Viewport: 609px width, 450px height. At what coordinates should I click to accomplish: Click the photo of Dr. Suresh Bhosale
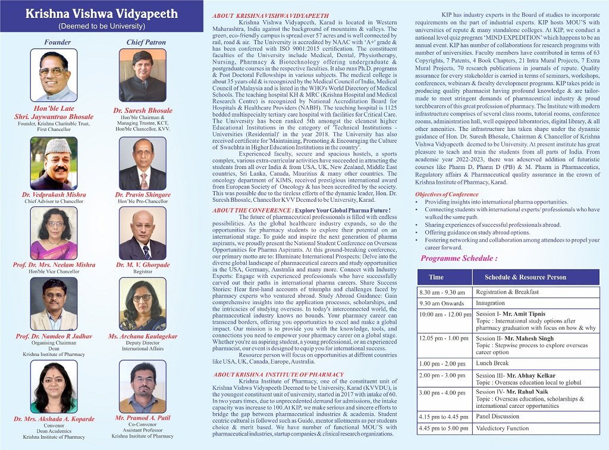pyautogui.click(x=142, y=75)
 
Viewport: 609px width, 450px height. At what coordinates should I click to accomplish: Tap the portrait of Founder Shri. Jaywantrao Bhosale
pyautogui.click(x=57, y=75)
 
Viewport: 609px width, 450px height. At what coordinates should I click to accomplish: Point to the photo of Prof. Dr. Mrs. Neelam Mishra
pyautogui.click(x=54, y=233)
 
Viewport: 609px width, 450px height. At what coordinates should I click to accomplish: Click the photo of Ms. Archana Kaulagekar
pyautogui.click(x=142, y=304)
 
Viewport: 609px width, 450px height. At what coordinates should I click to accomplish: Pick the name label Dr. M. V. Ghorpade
pyautogui.click(x=143, y=265)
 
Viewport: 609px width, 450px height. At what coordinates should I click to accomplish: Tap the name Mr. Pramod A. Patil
pyautogui.click(x=143, y=418)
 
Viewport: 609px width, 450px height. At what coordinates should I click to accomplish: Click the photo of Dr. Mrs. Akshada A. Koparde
pyautogui.click(x=54, y=387)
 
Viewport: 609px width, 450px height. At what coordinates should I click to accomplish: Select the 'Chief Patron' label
pyautogui.click(x=143, y=42)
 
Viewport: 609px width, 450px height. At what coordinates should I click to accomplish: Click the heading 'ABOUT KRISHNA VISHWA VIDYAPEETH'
pyautogui.click(x=262, y=14)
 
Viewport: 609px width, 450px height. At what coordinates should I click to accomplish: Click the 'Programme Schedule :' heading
pyautogui.click(x=459, y=258)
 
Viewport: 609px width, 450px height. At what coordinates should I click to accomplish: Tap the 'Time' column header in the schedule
pyautogui.click(x=436, y=277)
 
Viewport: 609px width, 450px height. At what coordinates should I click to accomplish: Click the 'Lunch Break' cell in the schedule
pyautogui.click(x=492, y=363)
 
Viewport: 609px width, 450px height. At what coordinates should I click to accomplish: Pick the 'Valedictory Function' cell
pyautogui.click(x=503, y=428)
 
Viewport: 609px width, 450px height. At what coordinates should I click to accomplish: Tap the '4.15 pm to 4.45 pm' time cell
pyautogui.click(x=443, y=417)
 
